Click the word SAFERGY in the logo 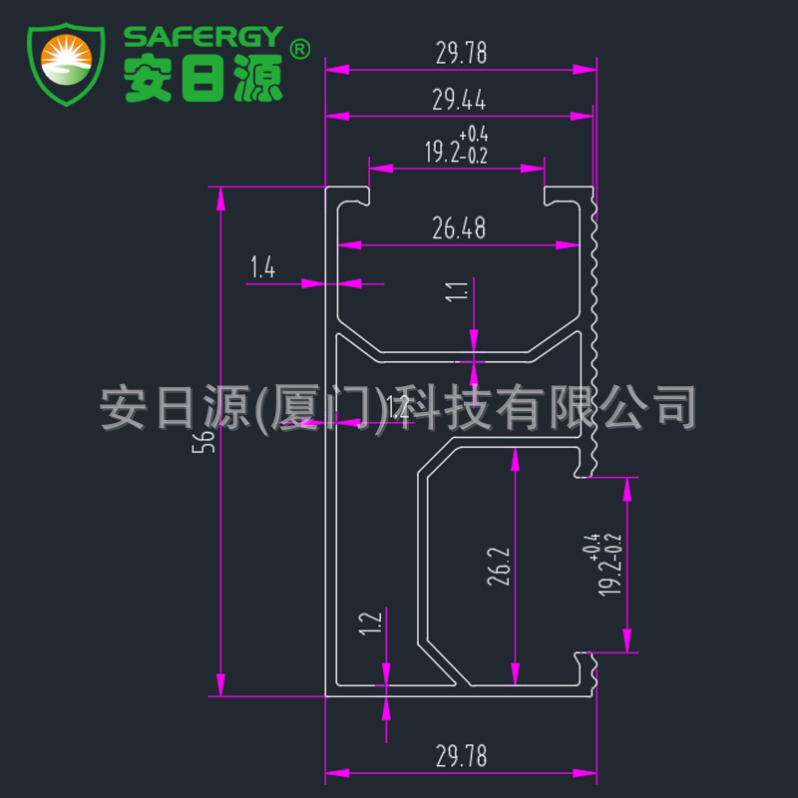click(203, 37)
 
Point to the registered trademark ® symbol click(299, 48)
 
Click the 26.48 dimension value click(459, 229)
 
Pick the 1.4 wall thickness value click(262, 266)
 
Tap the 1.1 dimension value click(459, 292)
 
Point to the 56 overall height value click(206, 441)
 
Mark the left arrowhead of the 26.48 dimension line click(345, 244)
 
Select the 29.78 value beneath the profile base click(460, 757)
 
